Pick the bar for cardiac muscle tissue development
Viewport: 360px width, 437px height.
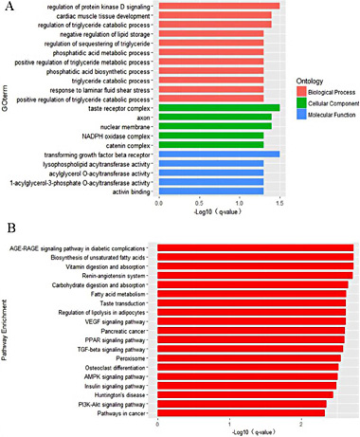[214, 15]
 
